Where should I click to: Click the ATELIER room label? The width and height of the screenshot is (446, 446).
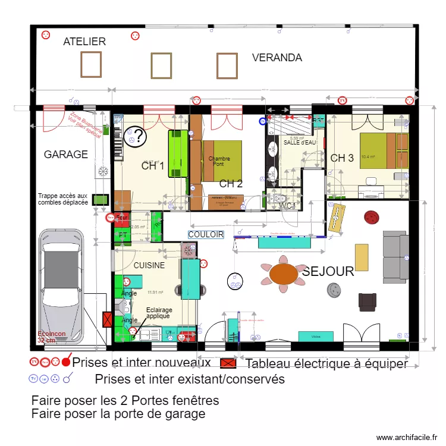[84, 42]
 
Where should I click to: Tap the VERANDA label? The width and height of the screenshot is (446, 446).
[277, 58]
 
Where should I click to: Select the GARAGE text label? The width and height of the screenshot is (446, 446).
[66, 155]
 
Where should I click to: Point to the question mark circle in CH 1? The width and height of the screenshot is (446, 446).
[136, 137]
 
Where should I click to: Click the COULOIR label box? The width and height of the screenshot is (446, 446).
[206, 234]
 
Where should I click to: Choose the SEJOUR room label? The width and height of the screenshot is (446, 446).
[328, 272]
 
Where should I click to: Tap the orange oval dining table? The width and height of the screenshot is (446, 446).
[284, 274]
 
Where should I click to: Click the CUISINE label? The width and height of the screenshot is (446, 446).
[149, 266]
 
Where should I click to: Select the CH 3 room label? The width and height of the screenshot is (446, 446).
[342, 158]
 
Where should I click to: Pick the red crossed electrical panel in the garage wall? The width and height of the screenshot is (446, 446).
[108, 321]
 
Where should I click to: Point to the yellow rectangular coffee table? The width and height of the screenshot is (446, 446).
[362, 257]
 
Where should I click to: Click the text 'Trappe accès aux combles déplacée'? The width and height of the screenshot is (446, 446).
[62, 199]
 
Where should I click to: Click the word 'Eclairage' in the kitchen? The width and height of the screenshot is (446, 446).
[159, 310]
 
